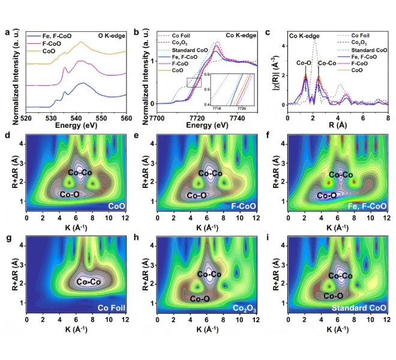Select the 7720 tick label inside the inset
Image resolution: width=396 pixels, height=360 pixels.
click(x=242, y=108)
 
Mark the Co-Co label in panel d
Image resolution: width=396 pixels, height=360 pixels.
click(x=80, y=173)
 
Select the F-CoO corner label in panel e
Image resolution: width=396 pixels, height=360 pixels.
click(x=244, y=206)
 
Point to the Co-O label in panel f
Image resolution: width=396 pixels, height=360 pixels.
click(x=326, y=195)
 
